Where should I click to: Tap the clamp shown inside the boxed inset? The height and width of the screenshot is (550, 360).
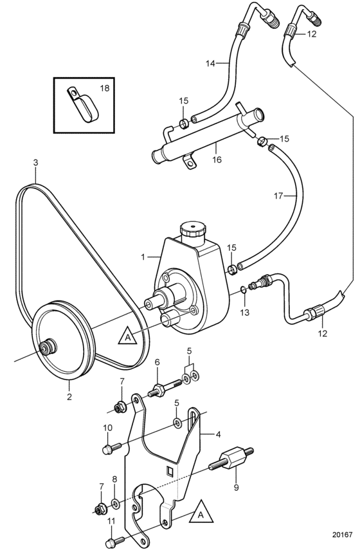point(83,104)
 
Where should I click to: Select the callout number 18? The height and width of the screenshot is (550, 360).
point(105,87)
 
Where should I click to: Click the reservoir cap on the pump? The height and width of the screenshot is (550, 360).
point(192,230)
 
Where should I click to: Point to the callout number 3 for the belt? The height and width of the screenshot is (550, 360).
point(35,162)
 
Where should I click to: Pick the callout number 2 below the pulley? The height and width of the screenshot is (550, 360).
point(69,397)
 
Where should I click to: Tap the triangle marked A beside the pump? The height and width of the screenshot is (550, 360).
point(127,336)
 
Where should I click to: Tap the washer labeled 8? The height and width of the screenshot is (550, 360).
point(115,504)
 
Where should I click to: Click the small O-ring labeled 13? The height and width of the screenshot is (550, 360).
point(243,289)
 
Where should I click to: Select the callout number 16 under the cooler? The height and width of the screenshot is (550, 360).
point(217,160)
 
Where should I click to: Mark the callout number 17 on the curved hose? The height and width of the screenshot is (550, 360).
point(278,196)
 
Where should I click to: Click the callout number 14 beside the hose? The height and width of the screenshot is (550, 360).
point(210,64)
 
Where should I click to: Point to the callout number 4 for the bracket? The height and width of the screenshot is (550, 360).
point(219,434)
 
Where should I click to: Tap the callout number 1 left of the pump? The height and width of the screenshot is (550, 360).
point(143,257)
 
